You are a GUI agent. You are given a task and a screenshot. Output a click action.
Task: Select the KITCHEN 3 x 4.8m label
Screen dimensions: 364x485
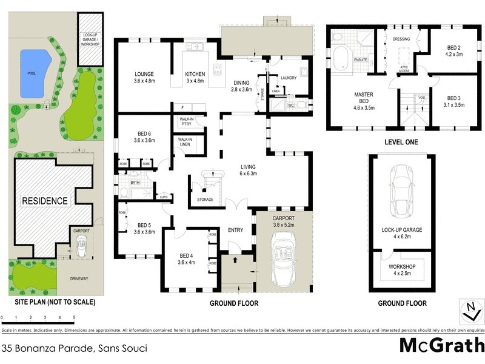pyautogui.click(x=195, y=78)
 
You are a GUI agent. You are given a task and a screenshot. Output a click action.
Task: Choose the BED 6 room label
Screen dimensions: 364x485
pyautogui.click(x=144, y=136)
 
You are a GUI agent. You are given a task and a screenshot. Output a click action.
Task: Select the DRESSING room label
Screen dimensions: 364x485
pyautogui.click(x=401, y=39)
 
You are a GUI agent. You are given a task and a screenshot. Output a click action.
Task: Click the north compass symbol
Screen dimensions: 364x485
pyautogui.click(x=469, y=311)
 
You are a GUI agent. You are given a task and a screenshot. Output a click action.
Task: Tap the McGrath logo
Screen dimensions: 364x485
pyautogui.click(x=441, y=346)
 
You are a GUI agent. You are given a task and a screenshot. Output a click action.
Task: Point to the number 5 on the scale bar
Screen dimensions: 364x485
pyautogui.click(x=74, y=317)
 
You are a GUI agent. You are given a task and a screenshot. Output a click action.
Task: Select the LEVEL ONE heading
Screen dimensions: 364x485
pyautogui.click(x=401, y=142)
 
